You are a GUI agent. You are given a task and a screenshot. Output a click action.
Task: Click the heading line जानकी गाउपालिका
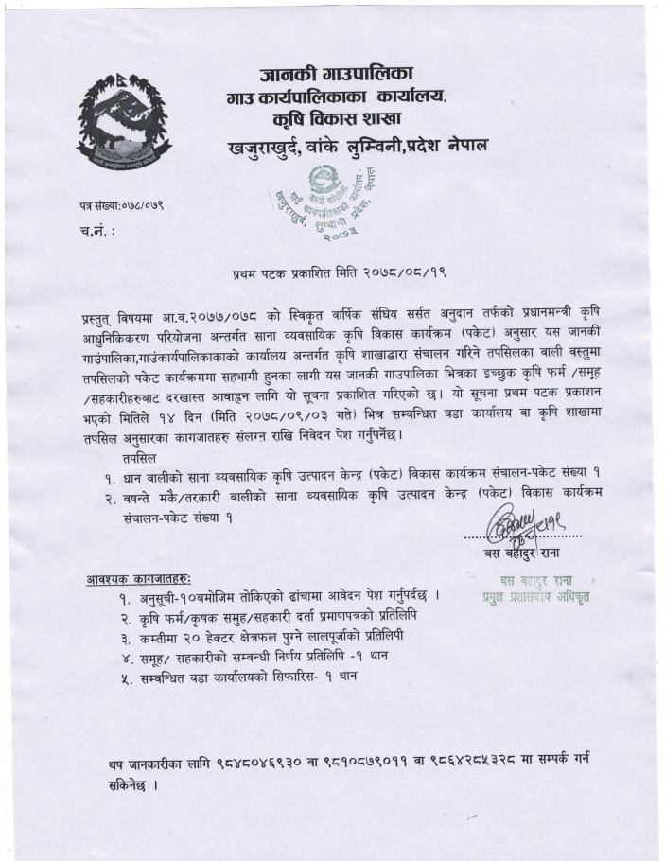tap(337, 74)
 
